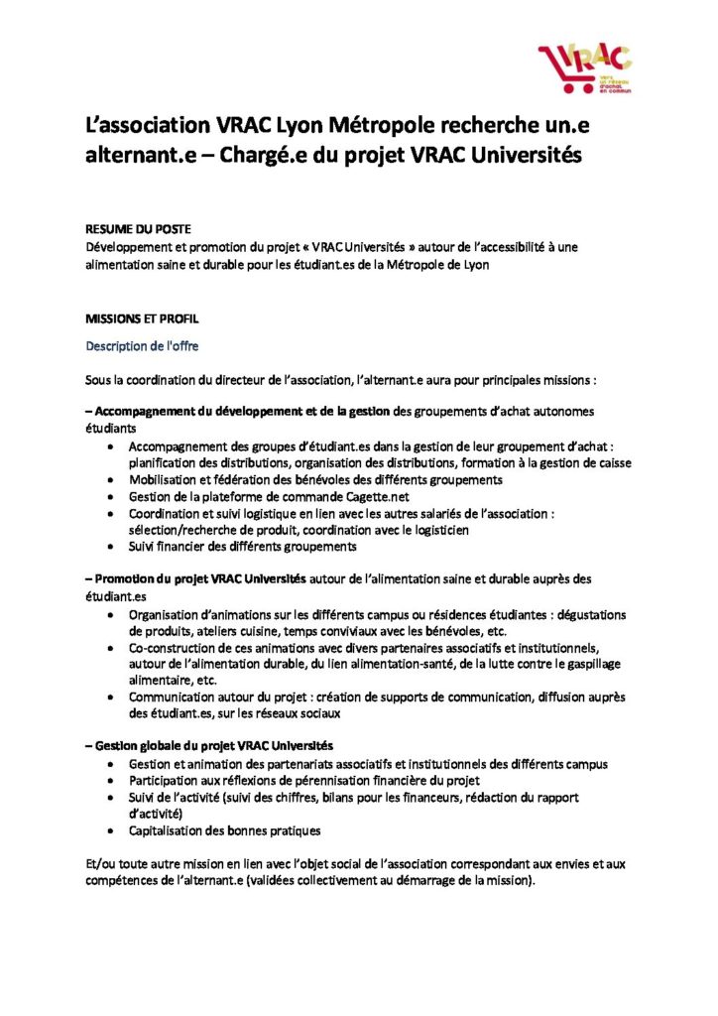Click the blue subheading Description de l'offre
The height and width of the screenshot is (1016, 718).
click(x=142, y=346)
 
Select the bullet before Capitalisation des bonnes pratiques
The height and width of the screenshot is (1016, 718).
click(x=108, y=831)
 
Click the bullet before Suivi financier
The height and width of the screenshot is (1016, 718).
click(x=108, y=547)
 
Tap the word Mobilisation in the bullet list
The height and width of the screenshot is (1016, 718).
click(x=165, y=479)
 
